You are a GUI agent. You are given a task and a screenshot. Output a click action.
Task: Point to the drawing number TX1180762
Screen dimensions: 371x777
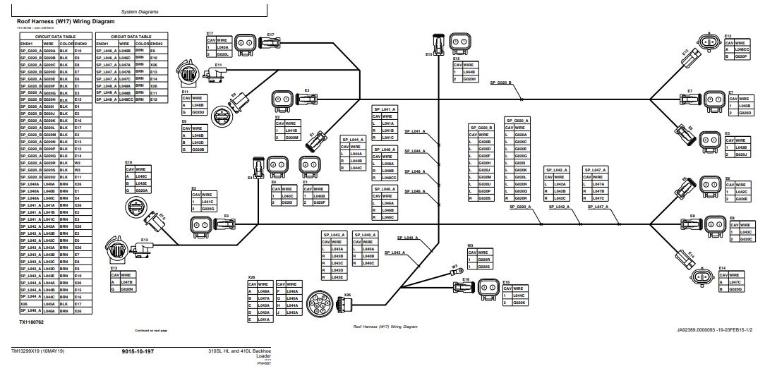[x=32, y=321]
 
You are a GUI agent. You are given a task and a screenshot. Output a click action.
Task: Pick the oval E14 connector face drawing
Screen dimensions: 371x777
[x=704, y=277]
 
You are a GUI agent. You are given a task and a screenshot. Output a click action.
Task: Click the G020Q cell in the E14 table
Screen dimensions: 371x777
[x=735, y=289]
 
